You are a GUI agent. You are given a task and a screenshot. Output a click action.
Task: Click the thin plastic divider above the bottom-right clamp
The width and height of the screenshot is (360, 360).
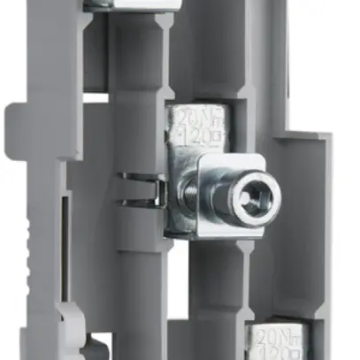(274, 315)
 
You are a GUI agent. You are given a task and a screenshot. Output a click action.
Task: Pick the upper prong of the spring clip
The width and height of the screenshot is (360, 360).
(137, 176)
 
